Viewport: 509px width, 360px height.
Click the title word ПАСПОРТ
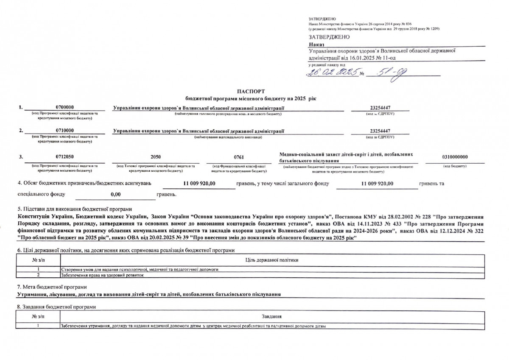[251, 91]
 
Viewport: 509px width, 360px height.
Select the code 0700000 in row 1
[65, 108]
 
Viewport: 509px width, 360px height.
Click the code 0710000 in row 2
[65, 131]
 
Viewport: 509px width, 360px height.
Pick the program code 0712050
[65, 156]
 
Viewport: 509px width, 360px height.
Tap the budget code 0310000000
[455, 156]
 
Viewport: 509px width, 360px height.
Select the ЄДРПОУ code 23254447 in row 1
[380, 108]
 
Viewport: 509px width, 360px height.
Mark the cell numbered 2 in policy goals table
[38, 275]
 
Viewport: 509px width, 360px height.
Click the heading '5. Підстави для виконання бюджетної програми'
[74, 209]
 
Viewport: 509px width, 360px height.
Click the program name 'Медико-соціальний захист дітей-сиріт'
[345, 154]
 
